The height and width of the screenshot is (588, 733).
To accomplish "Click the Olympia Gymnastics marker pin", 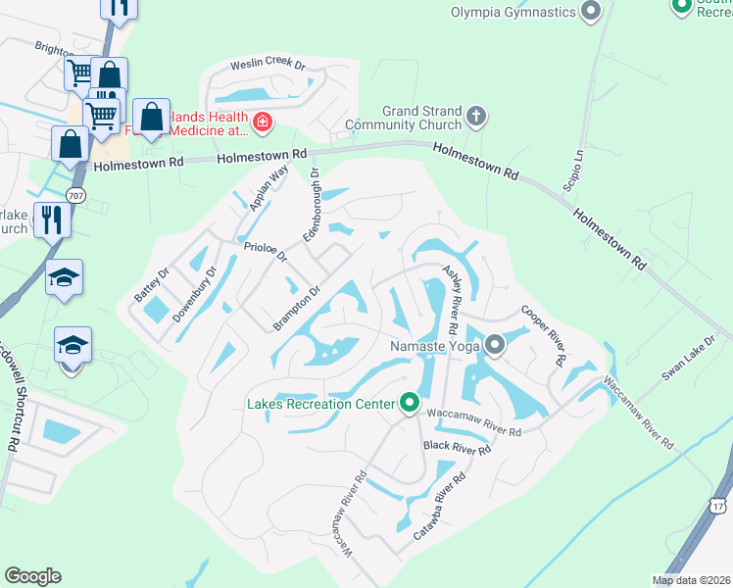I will pos(590,13).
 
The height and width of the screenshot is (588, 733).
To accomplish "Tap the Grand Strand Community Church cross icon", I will pos(476,118).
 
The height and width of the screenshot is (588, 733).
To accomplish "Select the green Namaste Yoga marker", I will pos(496,345).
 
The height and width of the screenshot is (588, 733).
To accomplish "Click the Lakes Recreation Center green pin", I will pos(410,403).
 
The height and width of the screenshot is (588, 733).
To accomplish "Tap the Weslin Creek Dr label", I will pos(268,66).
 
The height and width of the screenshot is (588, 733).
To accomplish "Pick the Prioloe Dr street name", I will pos(265,253).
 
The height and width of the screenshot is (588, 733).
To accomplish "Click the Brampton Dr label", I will pos(298,308).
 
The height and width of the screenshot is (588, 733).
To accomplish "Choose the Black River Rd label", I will pos(457,448).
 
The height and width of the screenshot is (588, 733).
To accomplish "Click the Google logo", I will pos(32,576).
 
